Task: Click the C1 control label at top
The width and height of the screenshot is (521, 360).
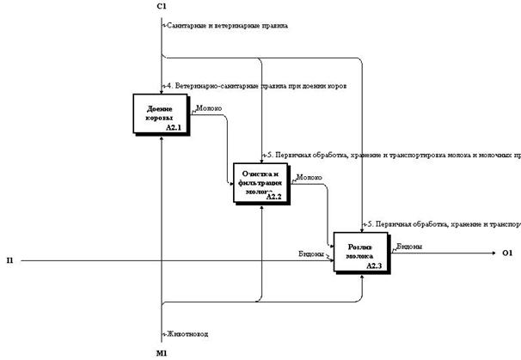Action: (x=162, y=7)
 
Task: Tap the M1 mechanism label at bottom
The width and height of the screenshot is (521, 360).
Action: (x=162, y=352)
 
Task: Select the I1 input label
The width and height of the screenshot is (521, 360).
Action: (x=9, y=260)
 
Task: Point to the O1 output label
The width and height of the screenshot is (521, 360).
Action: (x=507, y=253)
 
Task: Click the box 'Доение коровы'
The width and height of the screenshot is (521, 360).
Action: (x=161, y=114)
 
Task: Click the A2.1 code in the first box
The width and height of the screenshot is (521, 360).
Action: (x=175, y=127)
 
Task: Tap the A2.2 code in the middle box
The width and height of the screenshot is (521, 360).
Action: (x=273, y=197)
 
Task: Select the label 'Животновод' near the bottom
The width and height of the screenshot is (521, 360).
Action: (x=187, y=333)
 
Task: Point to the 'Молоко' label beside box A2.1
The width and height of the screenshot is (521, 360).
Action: (x=209, y=109)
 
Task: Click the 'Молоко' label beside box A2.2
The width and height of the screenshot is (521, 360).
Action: (x=310, y=179)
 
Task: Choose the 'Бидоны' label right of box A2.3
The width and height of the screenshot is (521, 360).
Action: (x=409, y=247)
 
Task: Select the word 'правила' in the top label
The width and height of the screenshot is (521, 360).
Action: (x=273, y=26)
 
